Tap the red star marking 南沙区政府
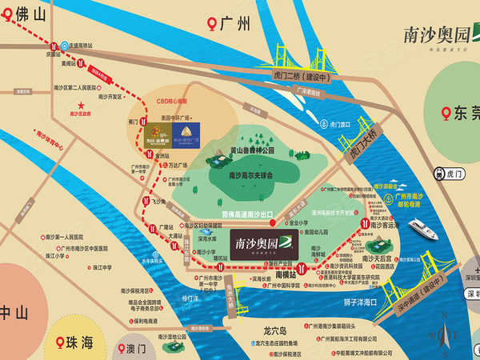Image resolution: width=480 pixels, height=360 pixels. point(81,106)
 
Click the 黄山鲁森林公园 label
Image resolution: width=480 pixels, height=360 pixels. point(250,150)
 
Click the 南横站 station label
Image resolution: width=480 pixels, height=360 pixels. point(286,274)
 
